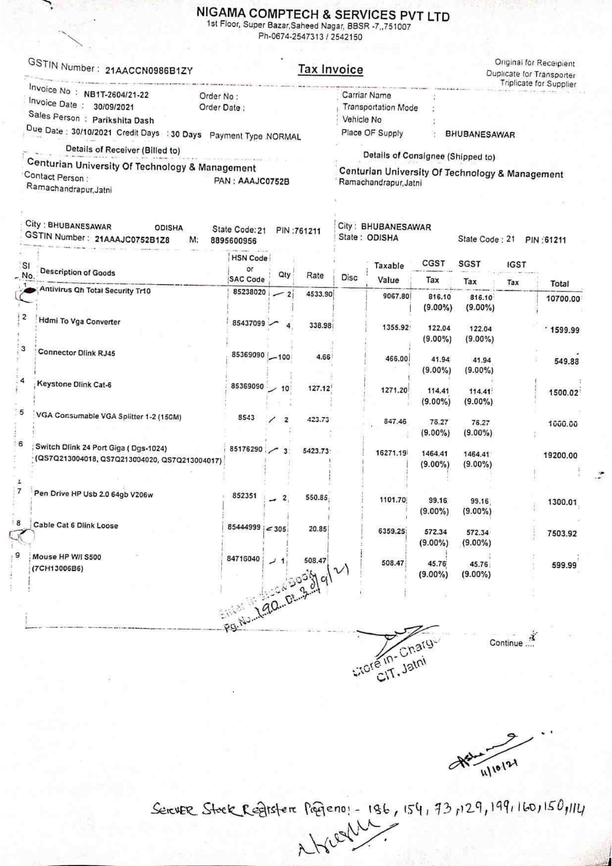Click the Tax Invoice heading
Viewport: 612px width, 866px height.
tap(330, 70)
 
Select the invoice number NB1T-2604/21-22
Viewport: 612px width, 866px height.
tap(116, 94)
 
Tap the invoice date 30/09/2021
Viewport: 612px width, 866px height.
tap(114, 107)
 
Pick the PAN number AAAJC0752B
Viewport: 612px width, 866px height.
tap(263, 182)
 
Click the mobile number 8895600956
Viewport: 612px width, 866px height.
tap(233, 241)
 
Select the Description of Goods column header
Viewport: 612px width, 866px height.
tap(77, 272)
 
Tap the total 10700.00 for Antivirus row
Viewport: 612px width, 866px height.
tap(563, 299)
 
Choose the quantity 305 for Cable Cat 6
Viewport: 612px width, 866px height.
tap(280, 529)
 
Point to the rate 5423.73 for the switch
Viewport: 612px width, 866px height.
tap(315, 451)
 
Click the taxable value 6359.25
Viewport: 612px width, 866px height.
tap(392, 531)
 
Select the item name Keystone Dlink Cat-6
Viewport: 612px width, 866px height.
tap(74, 385)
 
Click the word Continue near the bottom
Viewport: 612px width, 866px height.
tap(506, 643)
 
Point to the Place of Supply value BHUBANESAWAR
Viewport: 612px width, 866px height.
tap(480, 135)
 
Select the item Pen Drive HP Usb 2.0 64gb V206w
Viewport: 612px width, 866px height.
tap(94, 495)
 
